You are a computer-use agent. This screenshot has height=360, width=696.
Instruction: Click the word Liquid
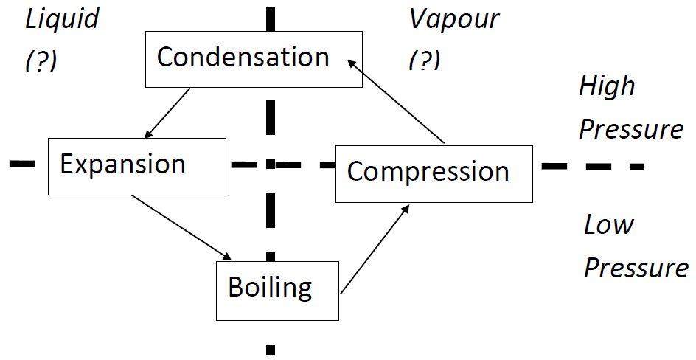[x=62, y=19]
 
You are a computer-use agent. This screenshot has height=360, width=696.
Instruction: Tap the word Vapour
[x=454, y=19]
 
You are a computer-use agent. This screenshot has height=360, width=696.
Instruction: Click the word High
[x=607, y=86]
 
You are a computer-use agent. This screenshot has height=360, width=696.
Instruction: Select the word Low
[x=609, y=224]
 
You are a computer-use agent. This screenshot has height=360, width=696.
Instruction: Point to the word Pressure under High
[x=631, y=129]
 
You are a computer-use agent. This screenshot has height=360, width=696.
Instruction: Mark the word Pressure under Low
[x=636, y=267]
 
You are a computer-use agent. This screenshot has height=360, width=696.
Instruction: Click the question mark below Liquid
[x=41, y=62]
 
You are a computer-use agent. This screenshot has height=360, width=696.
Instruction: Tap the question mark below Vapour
[x=425, y=62]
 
